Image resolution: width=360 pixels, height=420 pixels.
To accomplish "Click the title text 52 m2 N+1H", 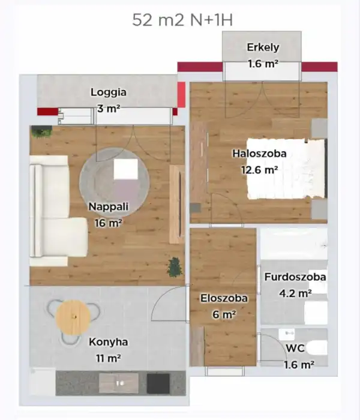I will pos(182,19).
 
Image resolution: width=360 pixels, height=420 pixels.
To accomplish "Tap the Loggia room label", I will pos(109,92).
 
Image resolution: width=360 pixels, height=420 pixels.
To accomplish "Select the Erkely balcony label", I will pos(262,47).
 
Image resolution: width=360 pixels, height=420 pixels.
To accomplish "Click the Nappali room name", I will pos(109,207).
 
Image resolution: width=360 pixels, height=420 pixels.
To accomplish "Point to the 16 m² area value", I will pos(109,223).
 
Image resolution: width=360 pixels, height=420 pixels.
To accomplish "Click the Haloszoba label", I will pos(259,154).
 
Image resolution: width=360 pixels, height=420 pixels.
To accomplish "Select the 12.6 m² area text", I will pos(259,170).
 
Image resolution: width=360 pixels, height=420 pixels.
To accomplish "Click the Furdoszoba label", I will pos(295,277).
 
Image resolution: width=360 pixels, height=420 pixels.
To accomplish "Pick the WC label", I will pos(295,348).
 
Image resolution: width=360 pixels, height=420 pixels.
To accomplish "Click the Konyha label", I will pos(109,342).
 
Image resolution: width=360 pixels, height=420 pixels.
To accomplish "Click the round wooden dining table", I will pos(73,317).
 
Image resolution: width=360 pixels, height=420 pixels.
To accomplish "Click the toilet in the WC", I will pos(316,347).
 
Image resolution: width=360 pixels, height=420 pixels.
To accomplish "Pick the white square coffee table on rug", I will pos(125,169).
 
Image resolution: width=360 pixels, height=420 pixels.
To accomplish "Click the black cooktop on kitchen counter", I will pos(158,383).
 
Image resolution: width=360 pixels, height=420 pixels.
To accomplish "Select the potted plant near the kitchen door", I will pos(175,266).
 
